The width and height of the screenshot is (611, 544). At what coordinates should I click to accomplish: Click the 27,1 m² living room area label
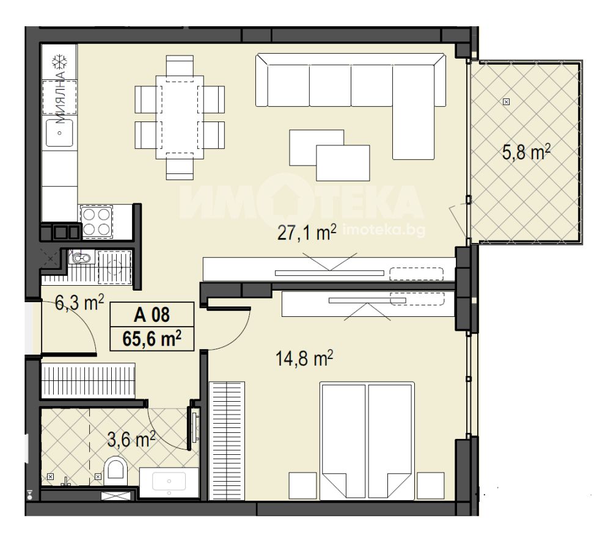click(307, 233)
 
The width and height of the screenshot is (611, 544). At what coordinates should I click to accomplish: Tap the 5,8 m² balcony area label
click(526, 152)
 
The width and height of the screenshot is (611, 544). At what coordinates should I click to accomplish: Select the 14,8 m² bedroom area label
click(304, 358)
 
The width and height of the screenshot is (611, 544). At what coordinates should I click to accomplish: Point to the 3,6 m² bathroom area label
click(131, 440)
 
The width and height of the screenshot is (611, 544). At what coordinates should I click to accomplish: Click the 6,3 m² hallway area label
click(79, 303)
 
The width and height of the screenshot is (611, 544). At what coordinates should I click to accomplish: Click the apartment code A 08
click(152, 314)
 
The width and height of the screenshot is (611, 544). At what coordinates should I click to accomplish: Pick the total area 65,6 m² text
click(152, 338)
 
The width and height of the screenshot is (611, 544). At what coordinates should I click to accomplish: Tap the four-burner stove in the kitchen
click(97, 222)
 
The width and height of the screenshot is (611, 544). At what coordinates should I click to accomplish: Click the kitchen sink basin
click(59, 132)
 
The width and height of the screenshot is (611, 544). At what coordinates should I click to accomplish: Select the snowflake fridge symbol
click(60, 62)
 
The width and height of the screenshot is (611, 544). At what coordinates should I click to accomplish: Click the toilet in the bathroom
click(115, 468)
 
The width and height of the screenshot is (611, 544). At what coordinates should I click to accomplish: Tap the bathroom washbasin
click(169, 482)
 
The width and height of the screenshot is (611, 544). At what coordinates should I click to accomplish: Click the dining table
click(180, 117)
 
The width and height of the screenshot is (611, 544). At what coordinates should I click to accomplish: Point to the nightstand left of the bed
click(303, 485)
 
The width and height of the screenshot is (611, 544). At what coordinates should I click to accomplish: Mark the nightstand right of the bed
click(431, 485)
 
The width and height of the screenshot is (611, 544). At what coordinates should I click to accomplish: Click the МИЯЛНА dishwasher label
click(60, 97)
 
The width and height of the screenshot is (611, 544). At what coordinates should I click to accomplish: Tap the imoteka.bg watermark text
click(384, 231)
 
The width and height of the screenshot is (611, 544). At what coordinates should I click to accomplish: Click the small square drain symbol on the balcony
click(506, 102)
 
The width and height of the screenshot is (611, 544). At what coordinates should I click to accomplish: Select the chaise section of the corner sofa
click(413, 112)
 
